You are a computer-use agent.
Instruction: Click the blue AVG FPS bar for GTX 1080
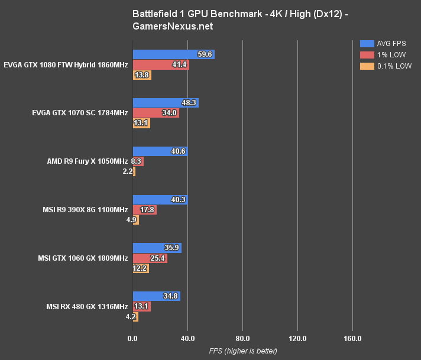coord(173,54)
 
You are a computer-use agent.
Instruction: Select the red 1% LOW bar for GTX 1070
coord(156,113)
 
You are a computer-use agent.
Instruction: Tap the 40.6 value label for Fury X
coord(179,151)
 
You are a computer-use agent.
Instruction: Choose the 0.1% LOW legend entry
coord(387,66)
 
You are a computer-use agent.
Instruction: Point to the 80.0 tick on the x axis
coord(242,339)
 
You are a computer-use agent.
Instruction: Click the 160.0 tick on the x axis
coord(352,339)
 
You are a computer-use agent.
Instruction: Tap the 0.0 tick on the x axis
coord(132,339)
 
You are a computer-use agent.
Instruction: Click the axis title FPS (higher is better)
coord(242,351)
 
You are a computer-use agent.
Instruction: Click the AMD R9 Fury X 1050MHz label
coord(88,161)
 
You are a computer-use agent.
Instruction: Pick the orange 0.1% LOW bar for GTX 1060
coord(141,268)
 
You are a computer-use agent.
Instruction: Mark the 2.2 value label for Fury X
coord(127,171)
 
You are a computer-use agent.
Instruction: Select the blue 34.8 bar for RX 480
coord(156,296)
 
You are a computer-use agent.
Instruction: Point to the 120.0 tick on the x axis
coord(297,339)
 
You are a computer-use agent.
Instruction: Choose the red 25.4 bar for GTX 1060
coord(150,258)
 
